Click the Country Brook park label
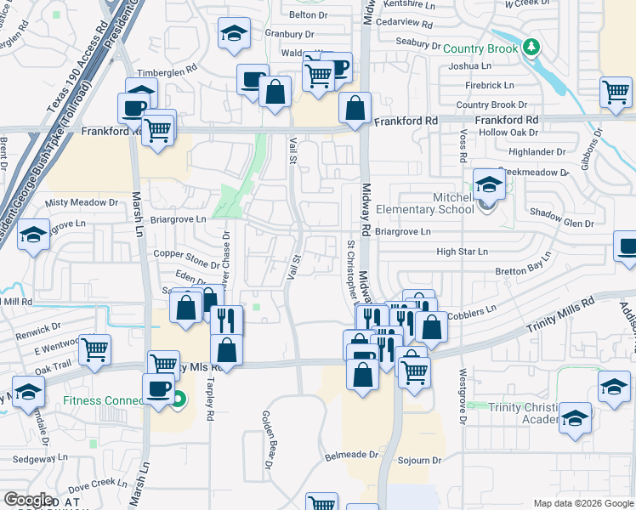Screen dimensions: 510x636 pos(480,49)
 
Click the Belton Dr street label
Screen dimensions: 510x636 pos(308,14)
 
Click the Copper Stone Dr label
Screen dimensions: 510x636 pos(185,254)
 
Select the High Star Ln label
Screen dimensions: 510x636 pos(462,252)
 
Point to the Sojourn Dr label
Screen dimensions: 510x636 pos(421,460)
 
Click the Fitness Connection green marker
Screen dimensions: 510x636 pos(179,397)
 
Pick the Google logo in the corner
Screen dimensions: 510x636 pos(28,499)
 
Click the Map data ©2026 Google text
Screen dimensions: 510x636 pos(583,503)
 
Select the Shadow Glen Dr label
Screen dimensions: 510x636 pos(561,223)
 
